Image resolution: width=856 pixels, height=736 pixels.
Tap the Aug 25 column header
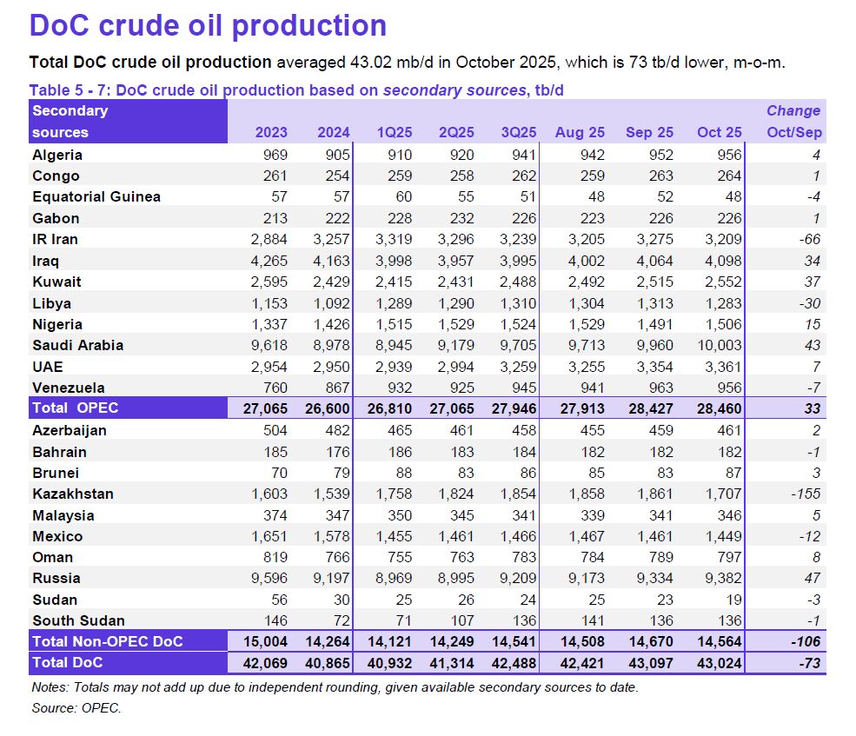580,132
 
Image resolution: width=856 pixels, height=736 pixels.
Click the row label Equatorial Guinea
96,196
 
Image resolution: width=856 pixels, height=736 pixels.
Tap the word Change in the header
793,110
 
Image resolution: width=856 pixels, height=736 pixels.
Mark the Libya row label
52,303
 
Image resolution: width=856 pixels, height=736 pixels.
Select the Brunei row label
56,473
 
